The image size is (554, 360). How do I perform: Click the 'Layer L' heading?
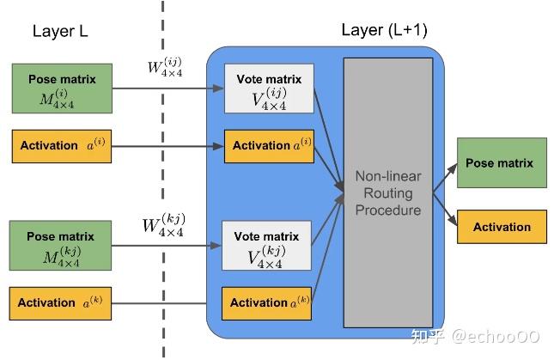(60, 31)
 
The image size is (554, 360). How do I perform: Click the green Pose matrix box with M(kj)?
(61, 244)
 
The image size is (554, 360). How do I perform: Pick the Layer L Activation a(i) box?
(61, 145)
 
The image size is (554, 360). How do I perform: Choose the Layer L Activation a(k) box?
(61, 302)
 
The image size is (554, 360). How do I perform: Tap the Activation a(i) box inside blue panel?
(267, 146)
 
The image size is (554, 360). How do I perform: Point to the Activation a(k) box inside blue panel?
(267, 302)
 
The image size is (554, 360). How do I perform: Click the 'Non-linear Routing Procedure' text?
(388, 192)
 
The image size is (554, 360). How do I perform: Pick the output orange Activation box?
(502, 227)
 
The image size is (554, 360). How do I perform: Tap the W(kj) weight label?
(163, 225)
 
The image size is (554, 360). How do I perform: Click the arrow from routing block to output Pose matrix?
(445, 179)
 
